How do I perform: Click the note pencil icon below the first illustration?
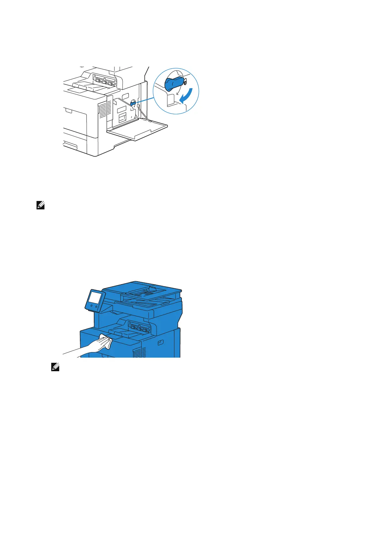40,206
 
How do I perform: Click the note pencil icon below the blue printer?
55,367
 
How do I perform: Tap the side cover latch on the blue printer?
160,343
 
